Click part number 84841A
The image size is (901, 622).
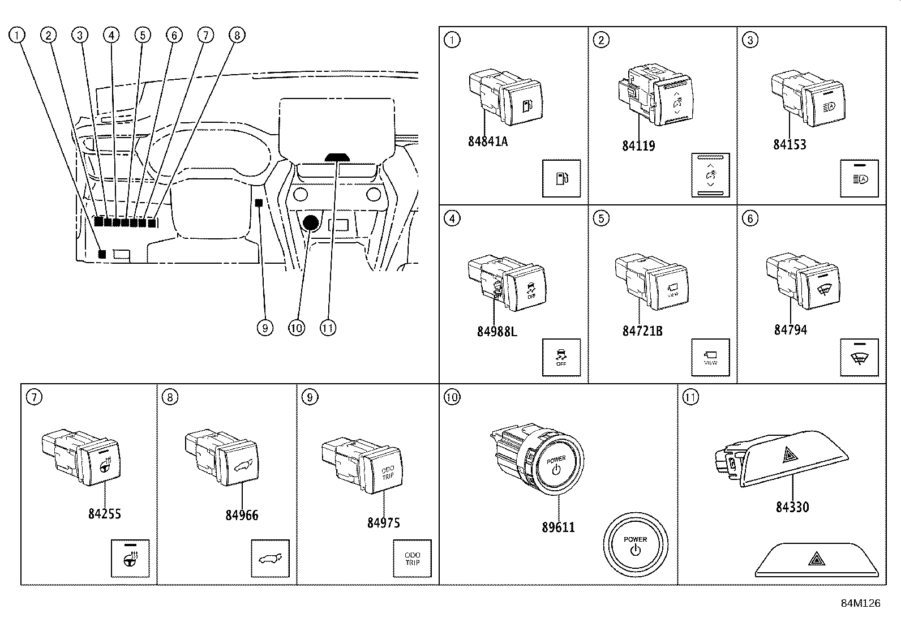click(487, 141)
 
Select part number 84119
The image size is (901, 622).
click(638, 146)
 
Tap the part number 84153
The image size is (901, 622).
click(790, 144)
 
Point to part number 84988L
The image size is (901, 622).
click(497, 332)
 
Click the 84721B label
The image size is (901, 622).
click(642, 331)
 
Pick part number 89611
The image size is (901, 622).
click(558, 527)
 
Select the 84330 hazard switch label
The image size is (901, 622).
click(792, 507)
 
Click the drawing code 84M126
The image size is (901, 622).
click(860, 603)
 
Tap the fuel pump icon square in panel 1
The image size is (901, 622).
click(561, 178)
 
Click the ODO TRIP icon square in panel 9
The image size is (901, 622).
click(413, 559)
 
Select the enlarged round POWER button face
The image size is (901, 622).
click(635, 546)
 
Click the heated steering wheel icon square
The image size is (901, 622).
click(130, 559)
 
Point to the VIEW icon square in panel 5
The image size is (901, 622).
click(710, 358)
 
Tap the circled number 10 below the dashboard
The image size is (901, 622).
click(296, 328)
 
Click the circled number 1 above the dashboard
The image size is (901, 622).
click(18, 35)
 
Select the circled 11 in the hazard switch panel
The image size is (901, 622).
click(690, 397)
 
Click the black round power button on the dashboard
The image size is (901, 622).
click(311, 223)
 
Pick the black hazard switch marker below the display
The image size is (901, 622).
click(338, 157)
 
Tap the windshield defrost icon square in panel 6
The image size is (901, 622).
click(859, 358)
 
